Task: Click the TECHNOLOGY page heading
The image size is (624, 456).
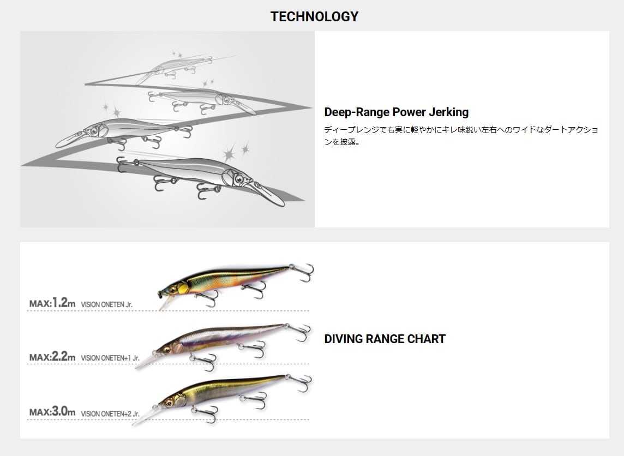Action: pos(314,16)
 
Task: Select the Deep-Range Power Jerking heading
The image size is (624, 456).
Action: pos(397,112)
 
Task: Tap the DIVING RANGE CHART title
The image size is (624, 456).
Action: pos(385,339)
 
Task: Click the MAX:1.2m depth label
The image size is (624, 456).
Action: pos(52,303)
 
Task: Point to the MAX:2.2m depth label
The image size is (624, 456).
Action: pos(52,357)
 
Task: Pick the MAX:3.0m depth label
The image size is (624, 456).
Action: pos(52,411)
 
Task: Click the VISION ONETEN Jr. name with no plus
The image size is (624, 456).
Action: pos(107,304)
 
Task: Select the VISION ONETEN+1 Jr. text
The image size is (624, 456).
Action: pos(110,358)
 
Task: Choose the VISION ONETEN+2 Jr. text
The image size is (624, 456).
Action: pos(110,414)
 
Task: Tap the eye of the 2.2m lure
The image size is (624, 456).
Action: pos(167,349)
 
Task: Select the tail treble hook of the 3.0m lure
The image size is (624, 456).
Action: pos(301,383)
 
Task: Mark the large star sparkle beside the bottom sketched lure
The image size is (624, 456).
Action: pos(229,154)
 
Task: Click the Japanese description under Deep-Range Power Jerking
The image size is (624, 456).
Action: pos(461,136)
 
